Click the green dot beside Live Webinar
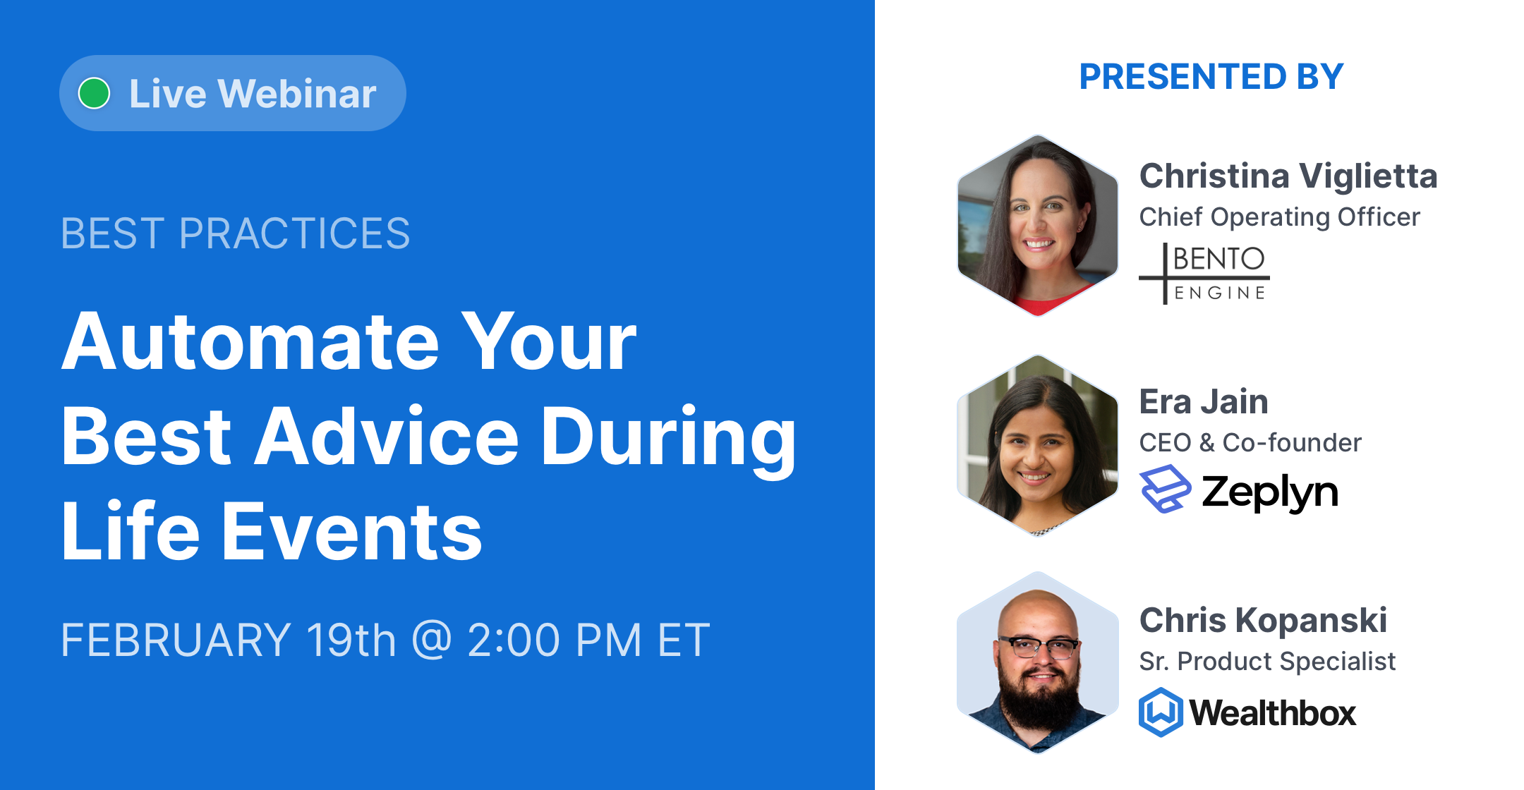tap(94, 93)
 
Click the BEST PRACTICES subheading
tap(235, 233)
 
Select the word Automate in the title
tap(250, 342)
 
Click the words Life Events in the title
tap(272, 532)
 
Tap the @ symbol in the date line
tap(431, 639)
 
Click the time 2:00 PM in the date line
tap(555, 640)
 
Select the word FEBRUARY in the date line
tap(176, 640)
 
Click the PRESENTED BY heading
tap(1211, 77)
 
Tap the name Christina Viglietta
tap(1288, 176)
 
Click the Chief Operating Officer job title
tap(1279, 217)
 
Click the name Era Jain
tap(1204, 402)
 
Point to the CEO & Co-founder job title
tap(1250, 443)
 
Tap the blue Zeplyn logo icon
tap(1165, 489)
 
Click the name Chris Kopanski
tap(1263, 621)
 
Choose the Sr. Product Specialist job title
tap(1267, 662)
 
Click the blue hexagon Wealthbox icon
tap(1161, 712)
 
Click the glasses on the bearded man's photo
tap(1039, 647)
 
